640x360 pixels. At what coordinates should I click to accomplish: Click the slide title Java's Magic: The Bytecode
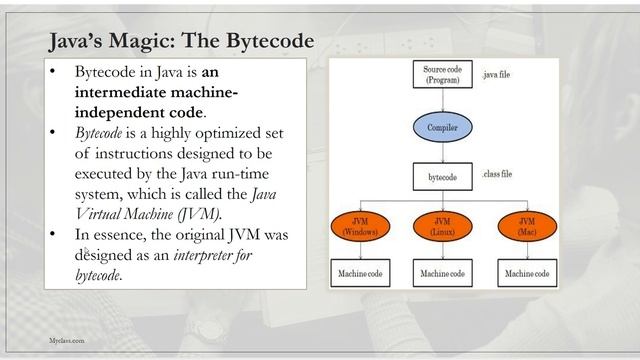181,40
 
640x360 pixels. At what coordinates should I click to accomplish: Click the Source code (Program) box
442,75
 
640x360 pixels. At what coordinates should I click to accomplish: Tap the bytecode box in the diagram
442,177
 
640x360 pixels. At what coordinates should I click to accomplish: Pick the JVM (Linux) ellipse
442,225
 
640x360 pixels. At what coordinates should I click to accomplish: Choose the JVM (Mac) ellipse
526,225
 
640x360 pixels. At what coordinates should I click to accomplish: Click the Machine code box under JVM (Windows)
357,273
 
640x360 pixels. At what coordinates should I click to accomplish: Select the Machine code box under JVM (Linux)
442,273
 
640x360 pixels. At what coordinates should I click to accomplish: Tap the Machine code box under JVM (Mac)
526,273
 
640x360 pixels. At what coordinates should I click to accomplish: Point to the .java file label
496,75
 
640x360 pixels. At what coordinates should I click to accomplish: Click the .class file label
497,175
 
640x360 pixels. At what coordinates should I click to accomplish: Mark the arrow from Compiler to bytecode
442,152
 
